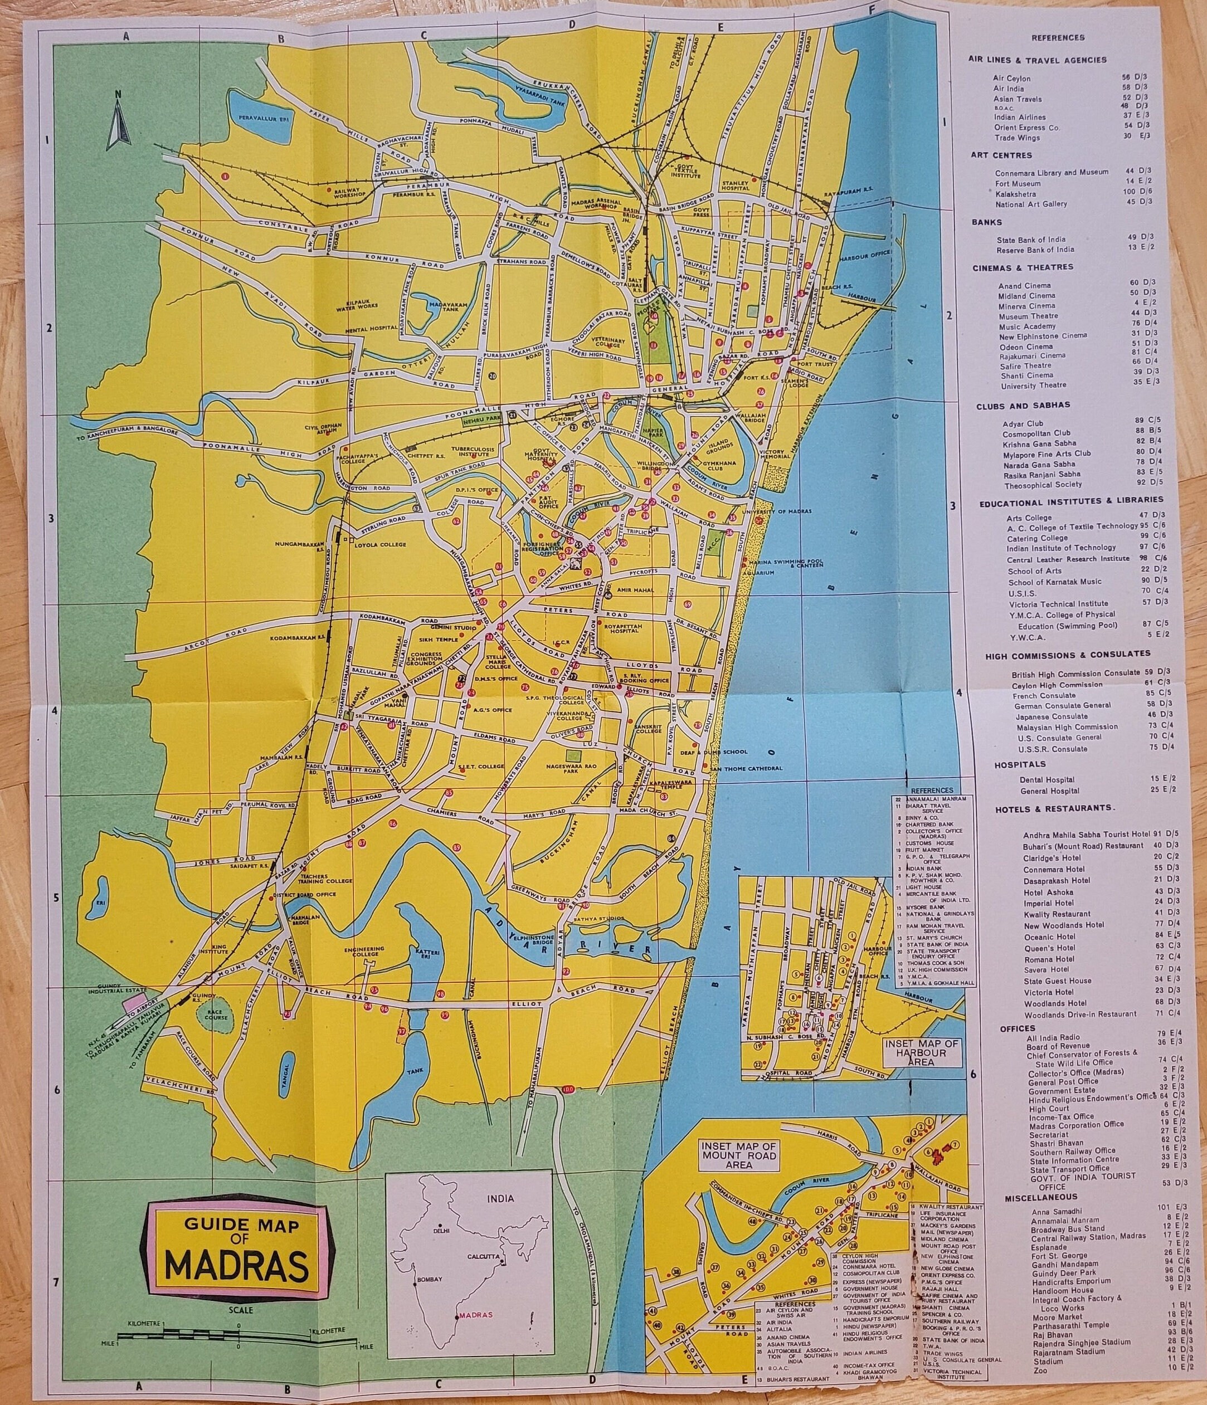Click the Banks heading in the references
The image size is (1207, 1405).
pos(987,222)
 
